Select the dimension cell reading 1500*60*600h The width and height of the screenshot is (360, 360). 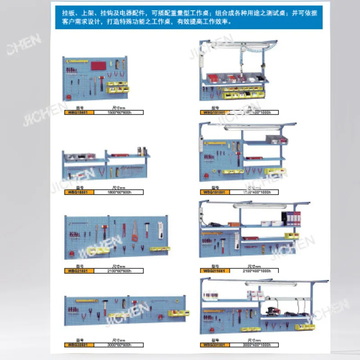coord(118,112)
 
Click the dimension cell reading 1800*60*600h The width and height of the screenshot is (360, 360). coord(118,192)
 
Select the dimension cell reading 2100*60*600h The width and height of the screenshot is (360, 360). coord(118,270)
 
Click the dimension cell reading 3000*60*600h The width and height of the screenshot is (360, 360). coord(118,345)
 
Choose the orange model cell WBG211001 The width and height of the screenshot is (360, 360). coord(215,270)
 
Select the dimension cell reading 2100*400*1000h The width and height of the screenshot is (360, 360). coord(254,270)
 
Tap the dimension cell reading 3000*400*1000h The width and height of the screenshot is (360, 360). coord(254,345)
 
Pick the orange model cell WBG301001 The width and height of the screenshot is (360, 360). coord(215,345)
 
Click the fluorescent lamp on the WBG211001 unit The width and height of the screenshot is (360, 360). coord(252,206)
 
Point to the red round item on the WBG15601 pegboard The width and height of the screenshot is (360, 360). coord(68,96)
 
